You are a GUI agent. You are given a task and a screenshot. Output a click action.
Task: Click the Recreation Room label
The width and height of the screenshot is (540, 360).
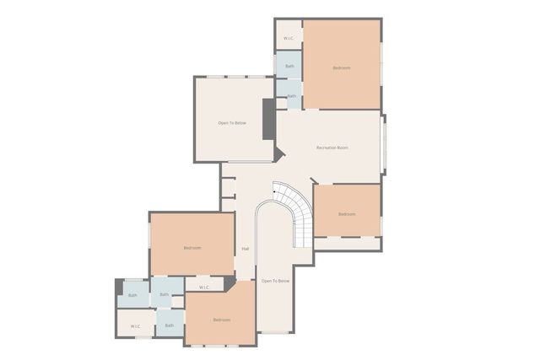tap(332, 148)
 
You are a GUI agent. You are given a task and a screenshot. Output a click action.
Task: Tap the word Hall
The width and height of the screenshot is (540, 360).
tap(246, 249)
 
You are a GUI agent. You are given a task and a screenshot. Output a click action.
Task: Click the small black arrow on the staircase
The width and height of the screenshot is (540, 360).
tap(274, 193)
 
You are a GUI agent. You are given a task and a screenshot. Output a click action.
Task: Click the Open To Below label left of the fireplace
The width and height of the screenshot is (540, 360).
tap(232, 123)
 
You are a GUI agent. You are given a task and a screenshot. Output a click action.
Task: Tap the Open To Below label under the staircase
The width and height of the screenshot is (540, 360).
tap(275, 281)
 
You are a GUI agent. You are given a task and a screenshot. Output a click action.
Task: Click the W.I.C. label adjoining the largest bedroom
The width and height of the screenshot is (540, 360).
tap(289, 38)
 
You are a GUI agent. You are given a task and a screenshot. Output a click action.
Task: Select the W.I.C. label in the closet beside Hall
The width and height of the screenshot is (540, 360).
tap(204, 287)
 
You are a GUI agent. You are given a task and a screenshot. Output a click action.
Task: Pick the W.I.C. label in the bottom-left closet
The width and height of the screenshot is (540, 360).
tap(135, 325)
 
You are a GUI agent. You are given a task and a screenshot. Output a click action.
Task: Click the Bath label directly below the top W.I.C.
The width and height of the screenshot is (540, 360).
tap(289, 66)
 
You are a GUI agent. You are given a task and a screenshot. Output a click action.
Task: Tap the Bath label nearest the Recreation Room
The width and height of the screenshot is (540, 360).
tap(291, 96)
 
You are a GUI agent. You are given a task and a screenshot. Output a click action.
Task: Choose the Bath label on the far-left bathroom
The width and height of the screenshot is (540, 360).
tap(132, 295)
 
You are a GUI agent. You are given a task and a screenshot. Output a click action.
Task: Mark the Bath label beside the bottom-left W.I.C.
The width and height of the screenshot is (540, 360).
tap(170, 325)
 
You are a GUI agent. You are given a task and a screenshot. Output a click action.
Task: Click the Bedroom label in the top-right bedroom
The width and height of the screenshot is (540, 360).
tap(341, 67)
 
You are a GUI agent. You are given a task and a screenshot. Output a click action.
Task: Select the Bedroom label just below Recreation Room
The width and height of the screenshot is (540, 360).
tap(347, 214)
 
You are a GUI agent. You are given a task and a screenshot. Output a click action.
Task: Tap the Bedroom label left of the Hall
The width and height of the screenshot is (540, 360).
tap(192, 248)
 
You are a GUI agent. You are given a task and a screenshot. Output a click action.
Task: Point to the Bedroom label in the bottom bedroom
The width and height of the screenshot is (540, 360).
tap(221, 320)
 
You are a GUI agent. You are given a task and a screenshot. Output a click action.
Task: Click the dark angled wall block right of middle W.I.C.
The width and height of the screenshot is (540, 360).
tap(229, 282)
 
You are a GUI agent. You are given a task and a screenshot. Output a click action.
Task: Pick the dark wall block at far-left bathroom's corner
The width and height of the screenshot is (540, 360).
tap(119, 287)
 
